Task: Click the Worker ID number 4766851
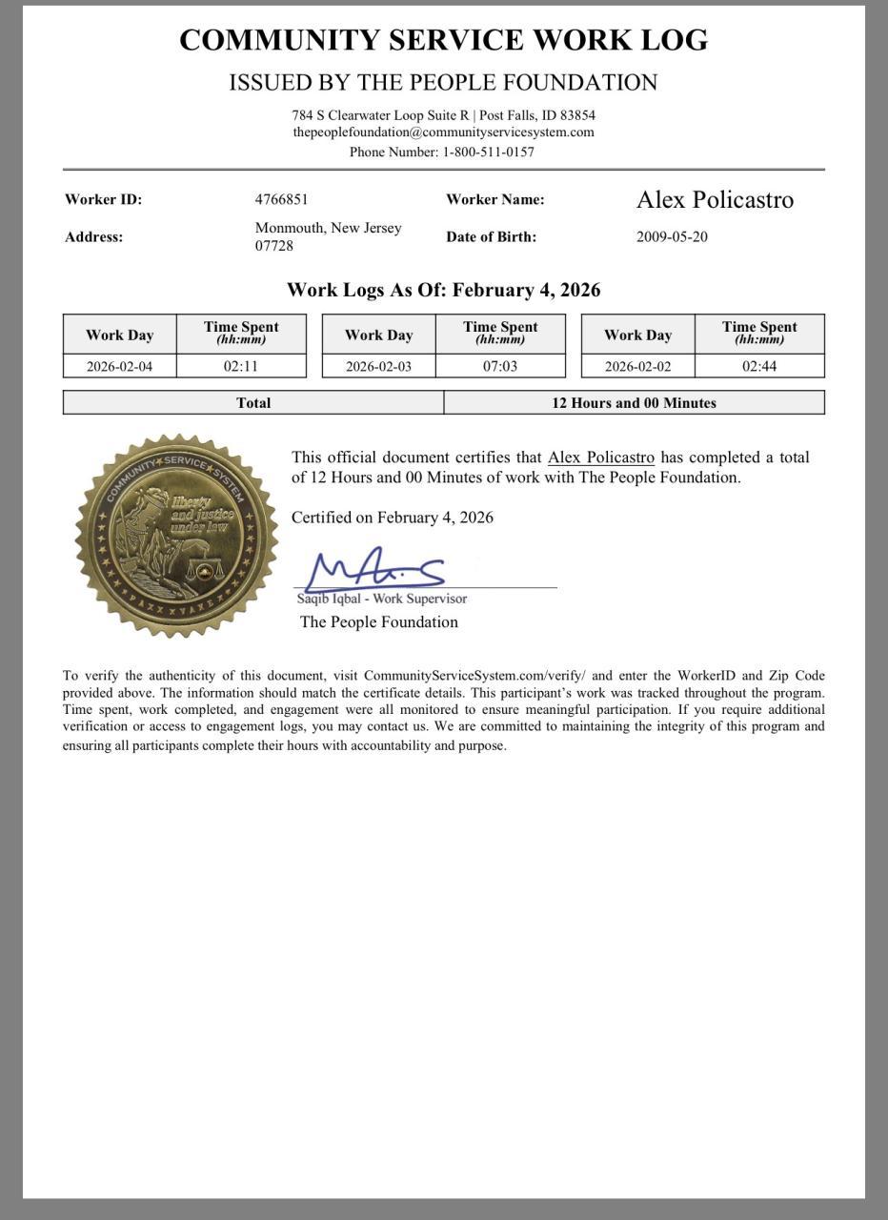tap(281, 199)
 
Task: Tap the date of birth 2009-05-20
tap(672, 236)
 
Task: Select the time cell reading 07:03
tap(500, 366)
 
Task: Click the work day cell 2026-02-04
tap(119, 366)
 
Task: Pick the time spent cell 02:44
tap(759, 366)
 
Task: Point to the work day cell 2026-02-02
tap(637, 366)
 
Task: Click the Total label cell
tap(253, 403)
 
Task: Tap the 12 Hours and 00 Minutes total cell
tap(634, 403)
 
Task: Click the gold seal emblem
tap(176, 535)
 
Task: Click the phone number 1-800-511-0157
tap(488, 152)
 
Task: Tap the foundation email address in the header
tap(443, 132)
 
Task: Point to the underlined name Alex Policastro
tap(600, 457)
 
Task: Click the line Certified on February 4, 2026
tap(393, 518)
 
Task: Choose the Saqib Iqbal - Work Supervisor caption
tap(381, 599)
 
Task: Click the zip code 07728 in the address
tap(274, 246)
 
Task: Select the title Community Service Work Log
tap(443, 40)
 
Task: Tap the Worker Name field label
tap(494, 199)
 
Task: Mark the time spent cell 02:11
tap(241, 366)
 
